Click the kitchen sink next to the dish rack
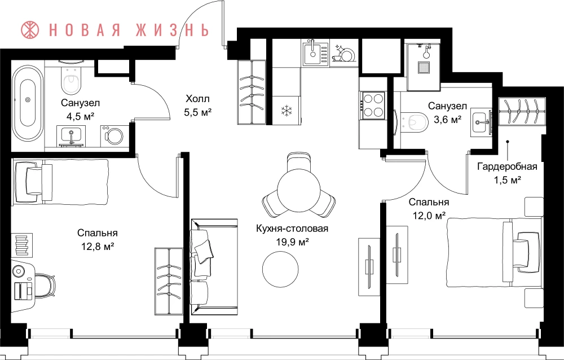coord(315,53)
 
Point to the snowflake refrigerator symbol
coord(286,111)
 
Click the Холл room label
coord(197,99)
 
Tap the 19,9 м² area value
coord(292,242)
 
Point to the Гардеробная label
coord(507,166)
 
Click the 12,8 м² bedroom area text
coord(98,247)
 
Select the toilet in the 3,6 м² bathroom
coord(413,121)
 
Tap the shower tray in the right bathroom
coord(424,68)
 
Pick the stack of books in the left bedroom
coord(21,245)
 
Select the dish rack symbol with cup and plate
coord(344,53)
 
